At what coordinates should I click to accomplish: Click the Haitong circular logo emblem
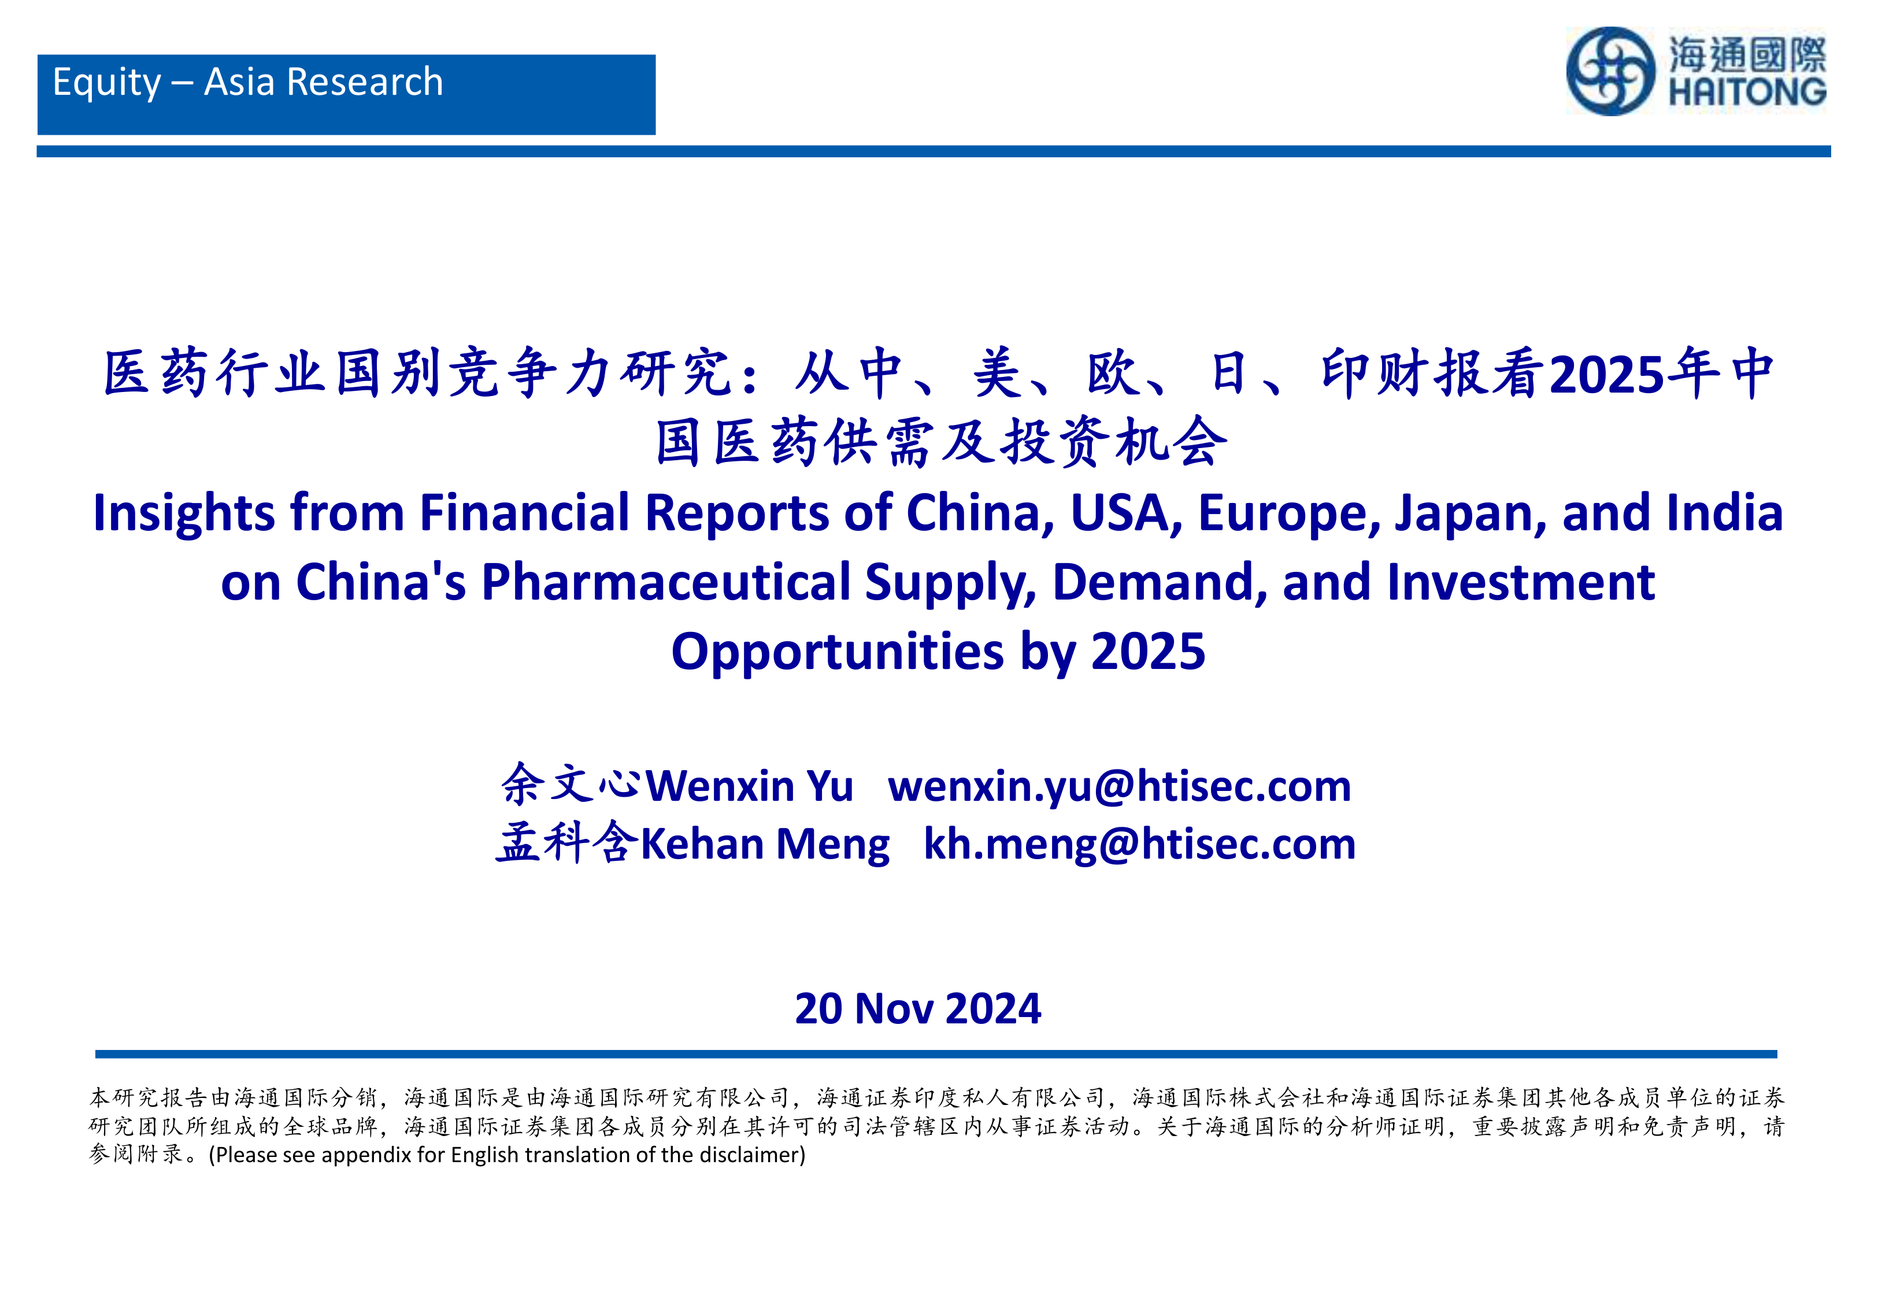(1610, 72)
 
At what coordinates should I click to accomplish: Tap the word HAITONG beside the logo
(1747, 92)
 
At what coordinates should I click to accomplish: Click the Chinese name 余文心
(572, 785)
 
